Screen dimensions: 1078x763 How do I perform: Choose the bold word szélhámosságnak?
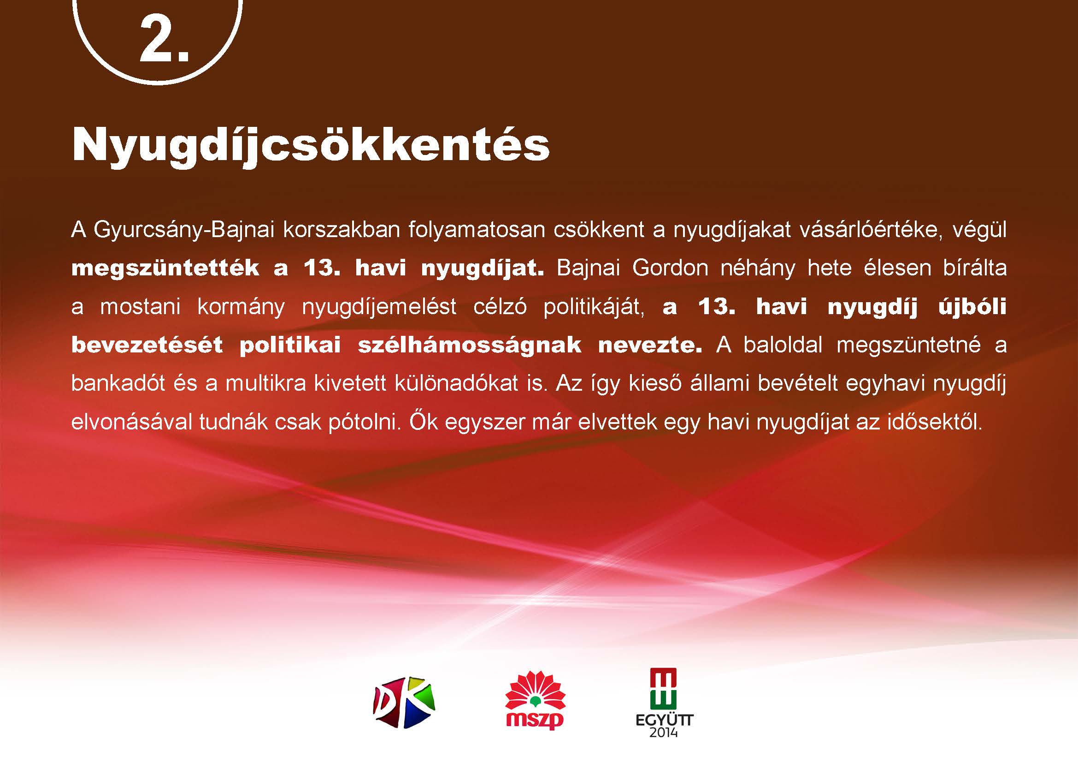click(x=470, y=346)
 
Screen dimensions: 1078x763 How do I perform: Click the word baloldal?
click(x=783, y=346)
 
